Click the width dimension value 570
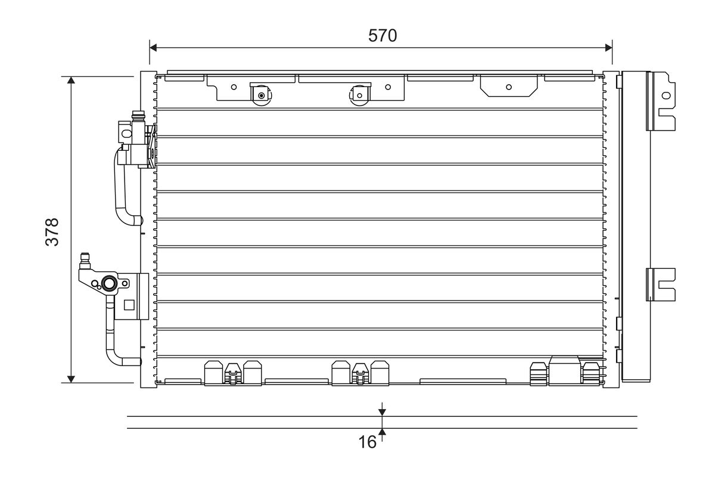382,36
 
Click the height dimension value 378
52,232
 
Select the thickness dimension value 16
368,442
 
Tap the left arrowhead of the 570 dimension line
153,47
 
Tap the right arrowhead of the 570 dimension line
608,47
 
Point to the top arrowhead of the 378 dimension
71,81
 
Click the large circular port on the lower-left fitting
109,283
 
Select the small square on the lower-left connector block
129,305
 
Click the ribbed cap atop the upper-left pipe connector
138,116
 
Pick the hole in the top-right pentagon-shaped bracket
508,86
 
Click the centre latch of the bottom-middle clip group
359,373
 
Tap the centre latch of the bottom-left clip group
233,373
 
